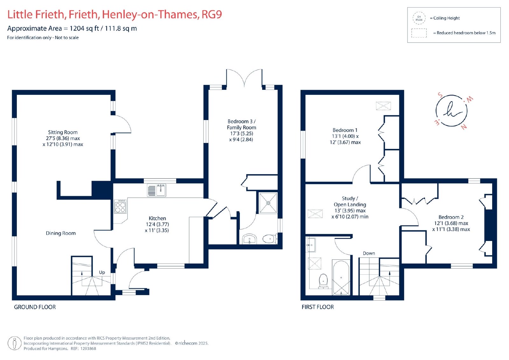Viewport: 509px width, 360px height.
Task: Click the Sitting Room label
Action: (x=63, y=132)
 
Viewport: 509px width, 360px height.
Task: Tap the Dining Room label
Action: (x=61, y=233)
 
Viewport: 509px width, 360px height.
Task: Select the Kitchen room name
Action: (x=157, y=218)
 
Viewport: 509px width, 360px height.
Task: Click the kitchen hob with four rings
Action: (x=120, y=207)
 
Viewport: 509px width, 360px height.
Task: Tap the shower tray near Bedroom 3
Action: (x=268, y=203)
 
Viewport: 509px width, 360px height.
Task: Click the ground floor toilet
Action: (x=270, y=239)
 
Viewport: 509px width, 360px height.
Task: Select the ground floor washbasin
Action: (x=249, y=239)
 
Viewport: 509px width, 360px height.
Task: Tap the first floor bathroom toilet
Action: (x=323, y=281)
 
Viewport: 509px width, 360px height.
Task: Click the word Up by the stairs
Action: (x=102, y=272)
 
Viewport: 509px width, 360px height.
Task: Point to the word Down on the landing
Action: (x=369, y=253)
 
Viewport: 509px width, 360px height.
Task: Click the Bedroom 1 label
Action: (x=345, y=130)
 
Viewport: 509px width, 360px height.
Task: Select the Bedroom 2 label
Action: (x=451, y=217)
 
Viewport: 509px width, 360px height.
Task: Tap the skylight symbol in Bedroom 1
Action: (x=383, y=106)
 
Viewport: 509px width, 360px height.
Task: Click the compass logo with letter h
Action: (x=451, y=111)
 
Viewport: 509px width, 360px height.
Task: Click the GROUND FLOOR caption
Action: (x=35, y=307)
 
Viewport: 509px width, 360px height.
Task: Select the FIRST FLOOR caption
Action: (x=318, y=307)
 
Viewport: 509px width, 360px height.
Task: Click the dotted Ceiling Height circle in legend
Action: (x=419, y=18)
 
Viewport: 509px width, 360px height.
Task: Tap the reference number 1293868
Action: (x=88, y=349)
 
